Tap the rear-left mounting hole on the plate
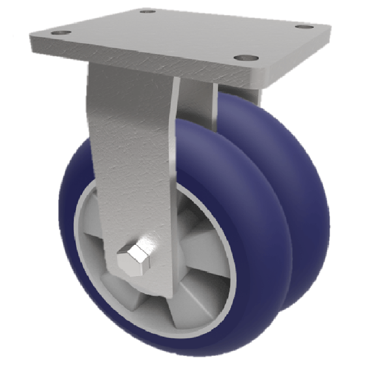tap(148, 11)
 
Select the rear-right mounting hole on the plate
tap(304, 27)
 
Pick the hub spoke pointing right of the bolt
tap(202, 248)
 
